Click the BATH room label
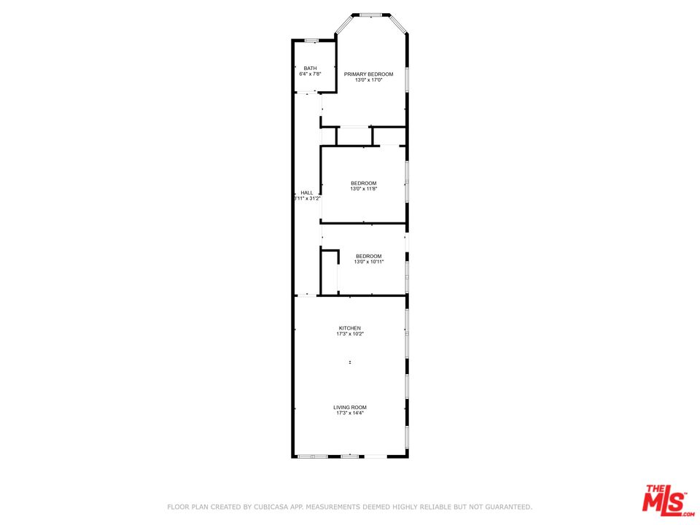310,69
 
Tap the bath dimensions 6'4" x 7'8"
310,74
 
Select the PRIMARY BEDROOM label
368,74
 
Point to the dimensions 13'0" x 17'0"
368,80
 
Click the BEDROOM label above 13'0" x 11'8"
363,183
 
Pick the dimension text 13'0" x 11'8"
363,189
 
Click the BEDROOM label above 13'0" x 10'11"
368,256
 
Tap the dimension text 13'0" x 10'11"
368,262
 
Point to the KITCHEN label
349,328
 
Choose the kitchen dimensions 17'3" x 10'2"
349,334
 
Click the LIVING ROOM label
349,408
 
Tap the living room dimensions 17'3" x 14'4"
349,413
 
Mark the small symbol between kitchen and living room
350,362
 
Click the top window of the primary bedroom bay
371,15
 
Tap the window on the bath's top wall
311,40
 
